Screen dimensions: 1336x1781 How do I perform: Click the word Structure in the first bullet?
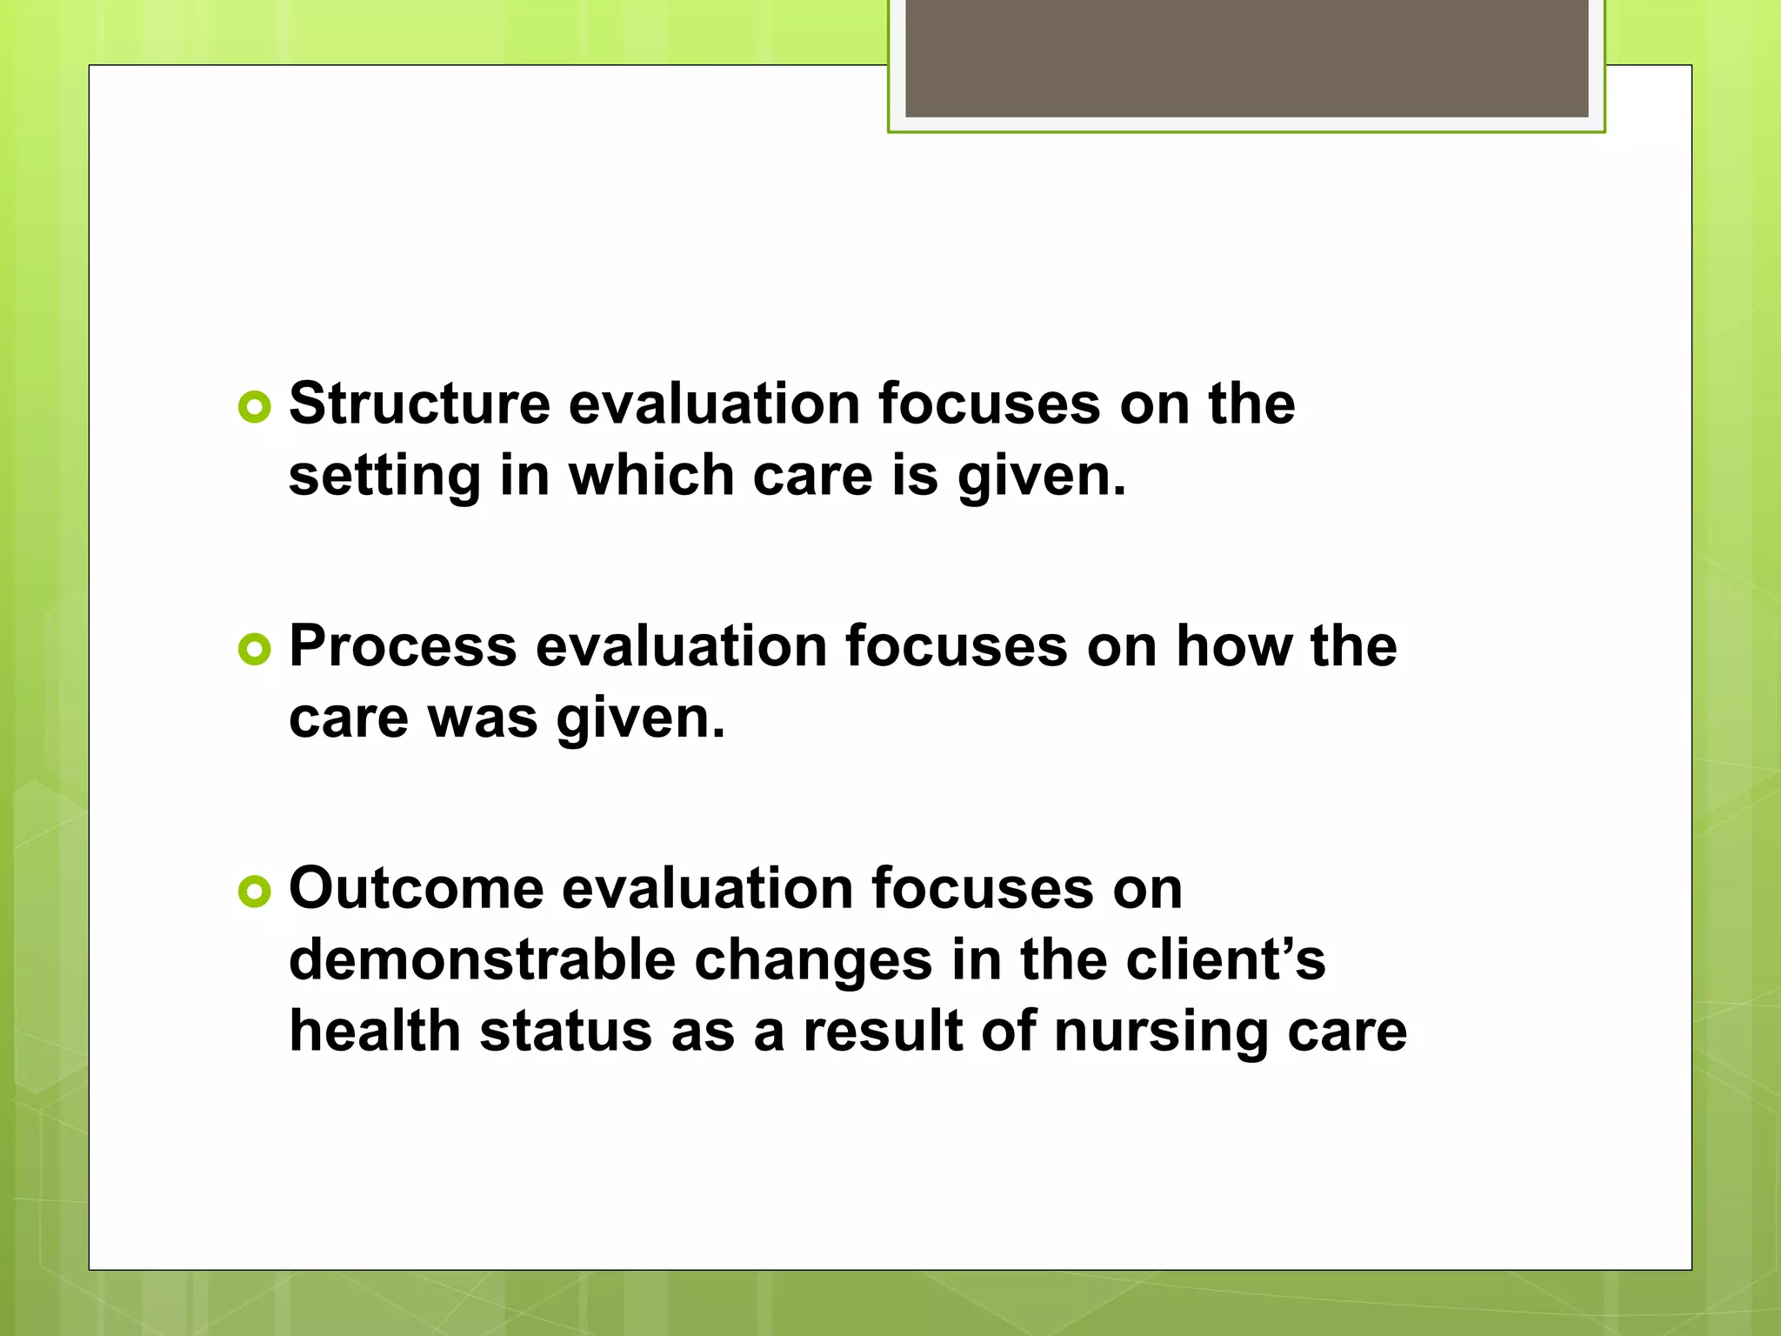tap(419, 404)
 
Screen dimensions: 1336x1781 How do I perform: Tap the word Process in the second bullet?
tap(403, 647)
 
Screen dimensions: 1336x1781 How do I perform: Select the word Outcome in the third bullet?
tap(416, 889)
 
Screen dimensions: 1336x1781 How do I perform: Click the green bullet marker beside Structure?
tap(255, 406)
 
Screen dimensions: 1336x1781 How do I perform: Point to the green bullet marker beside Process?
tap(255, 649)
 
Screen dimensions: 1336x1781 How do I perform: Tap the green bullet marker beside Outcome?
tap(255, 891)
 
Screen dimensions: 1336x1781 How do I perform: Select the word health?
tap(375, 1032)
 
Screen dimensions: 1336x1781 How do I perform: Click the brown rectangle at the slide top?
tap(1246, 57)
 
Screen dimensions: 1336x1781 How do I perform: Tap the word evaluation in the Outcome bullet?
tap(707, 889)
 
